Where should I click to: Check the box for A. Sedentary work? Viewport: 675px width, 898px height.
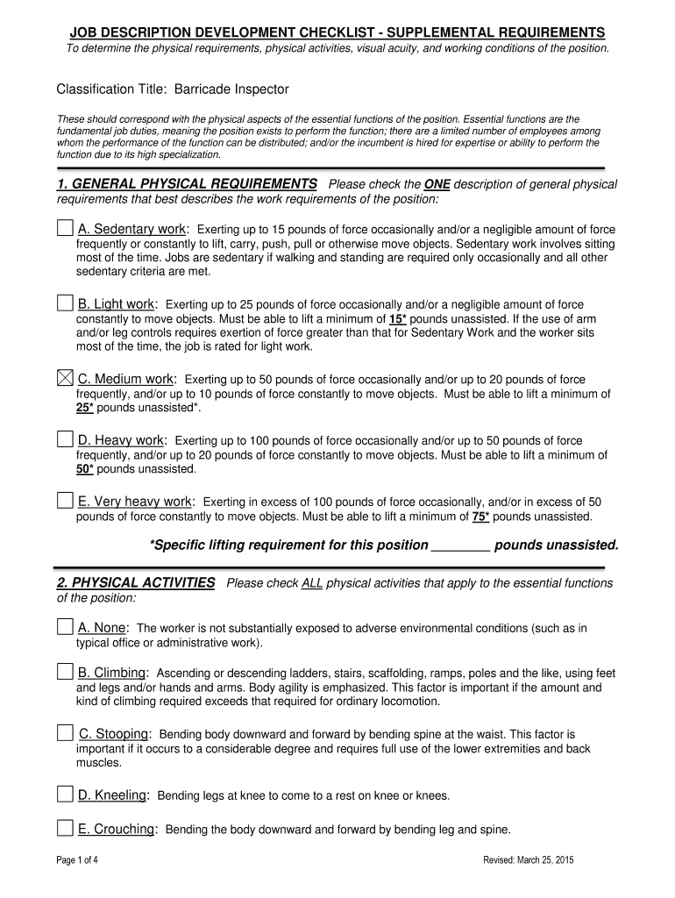tap(65, 229)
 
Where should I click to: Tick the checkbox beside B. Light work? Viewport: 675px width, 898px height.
tap(65, 303)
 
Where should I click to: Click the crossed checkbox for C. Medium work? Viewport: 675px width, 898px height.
tap(65, 379)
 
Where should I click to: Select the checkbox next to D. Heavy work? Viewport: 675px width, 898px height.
tap(65, 439)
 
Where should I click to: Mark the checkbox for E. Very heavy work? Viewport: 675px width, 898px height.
tap(65, 501)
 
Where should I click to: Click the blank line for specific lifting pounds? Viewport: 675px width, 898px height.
tap(460, 545)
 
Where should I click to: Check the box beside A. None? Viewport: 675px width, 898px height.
tap(65, 627)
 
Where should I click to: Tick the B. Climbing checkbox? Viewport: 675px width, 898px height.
tap(65, 672)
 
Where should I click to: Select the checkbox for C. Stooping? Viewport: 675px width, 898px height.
tap(65, 733)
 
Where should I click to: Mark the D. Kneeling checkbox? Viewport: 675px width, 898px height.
tap(65, 795)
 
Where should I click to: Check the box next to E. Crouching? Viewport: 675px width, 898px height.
tap(65, 828)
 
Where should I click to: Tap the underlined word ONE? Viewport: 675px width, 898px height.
tap(437, 185)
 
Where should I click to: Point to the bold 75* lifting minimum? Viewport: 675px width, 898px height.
tap(480, 517)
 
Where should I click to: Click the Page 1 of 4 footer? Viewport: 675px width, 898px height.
tap(77, 860)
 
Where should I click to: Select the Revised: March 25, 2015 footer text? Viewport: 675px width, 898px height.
tap(528, 860)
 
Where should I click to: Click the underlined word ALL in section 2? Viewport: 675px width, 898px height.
tap(312, 583)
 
